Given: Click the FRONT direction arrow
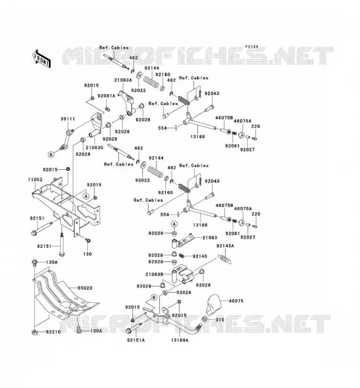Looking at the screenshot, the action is coord(42,59).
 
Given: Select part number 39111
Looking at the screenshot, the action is coord(67,119).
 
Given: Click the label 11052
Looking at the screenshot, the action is coord(35,179).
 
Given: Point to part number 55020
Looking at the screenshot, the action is coord(85,288).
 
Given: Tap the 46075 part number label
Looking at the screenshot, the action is coord(236,301).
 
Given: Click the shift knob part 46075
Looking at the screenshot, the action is coord(213,305).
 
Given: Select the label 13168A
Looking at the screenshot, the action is coord(180,340).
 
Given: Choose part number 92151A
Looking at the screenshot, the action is coord(136,340).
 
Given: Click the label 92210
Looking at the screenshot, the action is coord(53,332).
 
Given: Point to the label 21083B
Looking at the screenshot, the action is coord(154,275).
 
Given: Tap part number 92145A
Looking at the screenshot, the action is coord(225,246).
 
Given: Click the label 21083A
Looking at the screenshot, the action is coord(123,80).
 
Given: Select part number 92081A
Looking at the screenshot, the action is coord(106,96).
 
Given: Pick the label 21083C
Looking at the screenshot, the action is coord(94,147).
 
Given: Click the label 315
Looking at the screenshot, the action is coord(220,320).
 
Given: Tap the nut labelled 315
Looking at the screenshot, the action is coord(205,320).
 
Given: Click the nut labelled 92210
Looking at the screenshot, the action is coord(34,332).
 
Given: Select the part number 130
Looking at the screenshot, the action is coord(87,254).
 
